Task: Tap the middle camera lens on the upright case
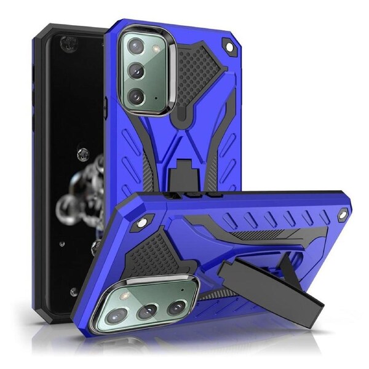[137, 73]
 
